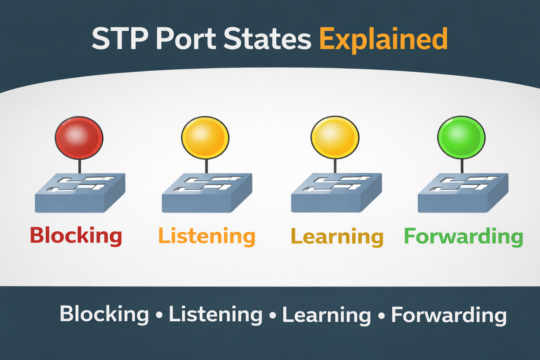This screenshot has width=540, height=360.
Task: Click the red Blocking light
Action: click(x=79, y=137)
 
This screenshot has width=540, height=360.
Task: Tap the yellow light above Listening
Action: click(x=205, y=137)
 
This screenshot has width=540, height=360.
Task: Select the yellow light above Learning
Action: click(x=335, y=137)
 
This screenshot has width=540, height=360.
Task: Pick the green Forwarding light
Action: click(x=461, y=137)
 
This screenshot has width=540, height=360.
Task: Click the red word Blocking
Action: click(x=76, y=236)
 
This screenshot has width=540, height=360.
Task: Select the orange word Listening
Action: click(x=207, y=236)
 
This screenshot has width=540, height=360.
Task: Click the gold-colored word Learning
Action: click(x=337, y=237)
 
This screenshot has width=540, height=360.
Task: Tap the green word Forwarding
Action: click(x=463, y=236)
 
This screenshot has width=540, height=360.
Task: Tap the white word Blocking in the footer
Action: click(x=104, y=314)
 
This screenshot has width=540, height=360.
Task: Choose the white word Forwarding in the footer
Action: click(x=449, y=315)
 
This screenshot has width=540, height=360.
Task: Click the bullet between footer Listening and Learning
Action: click(x=272, y=315)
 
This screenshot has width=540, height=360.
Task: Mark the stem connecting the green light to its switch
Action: click(x=462, y=166)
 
